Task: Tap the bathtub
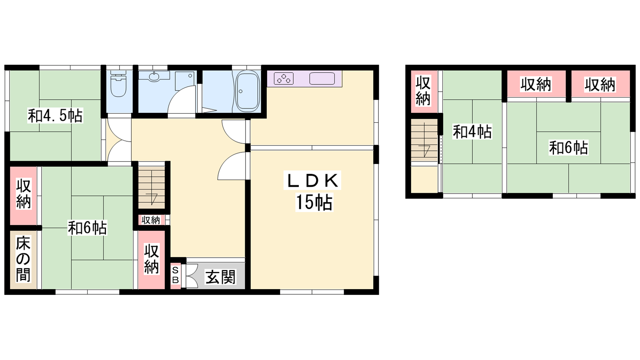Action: (248, 90)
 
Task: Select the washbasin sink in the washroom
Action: (154, 76)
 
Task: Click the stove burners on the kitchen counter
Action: (284, 78)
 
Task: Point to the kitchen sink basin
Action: (322, 78)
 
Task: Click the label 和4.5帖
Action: (55, 116)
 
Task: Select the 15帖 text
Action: (314, 202)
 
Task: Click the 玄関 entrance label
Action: (220, 277)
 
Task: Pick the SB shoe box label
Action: (176, 276)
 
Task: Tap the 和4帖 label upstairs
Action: (472, 132)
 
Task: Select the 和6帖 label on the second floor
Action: (568, 148)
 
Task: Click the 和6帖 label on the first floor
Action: (87, 228)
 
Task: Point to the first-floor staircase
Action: (152, 188)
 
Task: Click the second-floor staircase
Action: (424, 140)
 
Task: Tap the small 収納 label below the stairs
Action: (151, 220)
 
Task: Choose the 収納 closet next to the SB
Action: (152, 259)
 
